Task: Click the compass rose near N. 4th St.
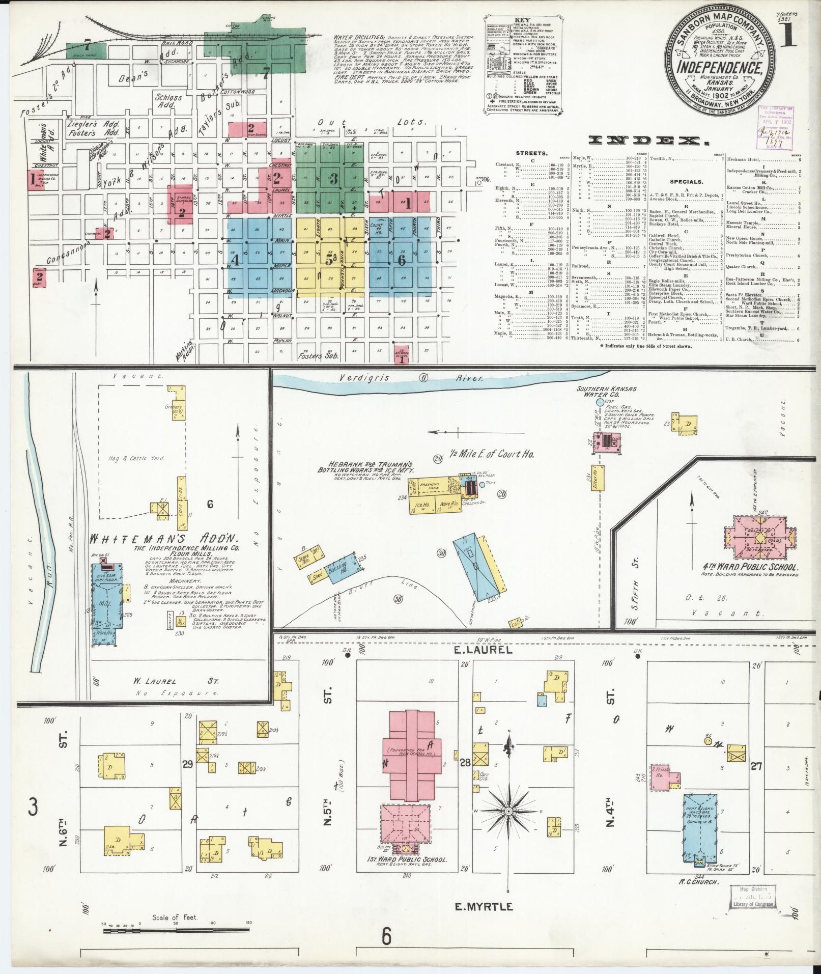(508, 810)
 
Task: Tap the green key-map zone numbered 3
(333, 178)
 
